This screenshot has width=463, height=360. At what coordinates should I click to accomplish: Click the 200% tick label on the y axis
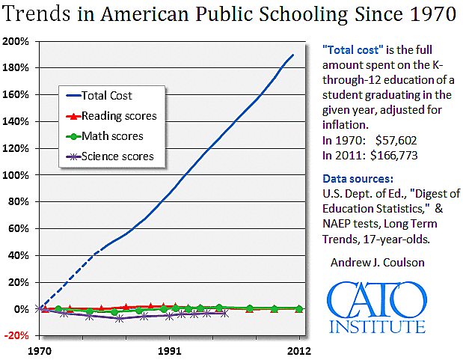tap(15, 41)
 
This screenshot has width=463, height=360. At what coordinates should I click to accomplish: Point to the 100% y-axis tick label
tap(15, 175)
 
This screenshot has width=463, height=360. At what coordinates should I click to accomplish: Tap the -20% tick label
tap(15, 335)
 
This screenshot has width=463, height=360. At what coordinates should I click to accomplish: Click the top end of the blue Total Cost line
tap(292, 55)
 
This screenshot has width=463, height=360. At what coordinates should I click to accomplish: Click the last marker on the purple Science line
tap(225, 314)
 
